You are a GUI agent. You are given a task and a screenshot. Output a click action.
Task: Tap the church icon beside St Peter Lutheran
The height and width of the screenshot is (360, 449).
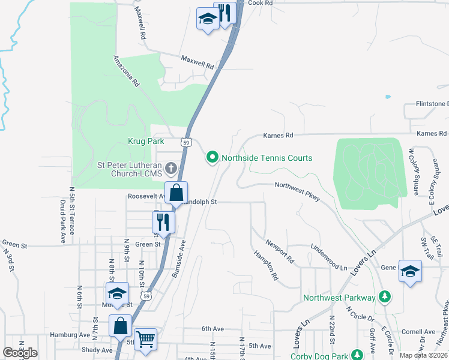point(171,167)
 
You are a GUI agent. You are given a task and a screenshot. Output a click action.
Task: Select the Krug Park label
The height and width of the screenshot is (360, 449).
point(146,141)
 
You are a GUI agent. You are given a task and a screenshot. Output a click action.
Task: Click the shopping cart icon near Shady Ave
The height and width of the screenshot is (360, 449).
point(145,340)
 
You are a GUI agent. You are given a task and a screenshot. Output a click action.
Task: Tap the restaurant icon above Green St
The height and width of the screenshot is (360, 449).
point(163,222)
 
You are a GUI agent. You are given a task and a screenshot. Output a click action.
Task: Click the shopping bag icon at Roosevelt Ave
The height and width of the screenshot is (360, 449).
point(176,193)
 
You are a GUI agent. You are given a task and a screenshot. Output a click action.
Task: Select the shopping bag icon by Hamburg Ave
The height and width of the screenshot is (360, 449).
point(121,326)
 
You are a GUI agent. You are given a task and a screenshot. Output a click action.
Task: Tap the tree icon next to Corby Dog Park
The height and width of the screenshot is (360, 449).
point(358,355)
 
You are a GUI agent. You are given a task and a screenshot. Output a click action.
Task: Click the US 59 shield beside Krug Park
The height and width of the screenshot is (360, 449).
point(187,142)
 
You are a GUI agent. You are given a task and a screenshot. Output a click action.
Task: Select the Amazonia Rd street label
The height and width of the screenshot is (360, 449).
point(126,71)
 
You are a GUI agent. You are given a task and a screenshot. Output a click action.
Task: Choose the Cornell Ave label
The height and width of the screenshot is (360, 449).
point(418,331)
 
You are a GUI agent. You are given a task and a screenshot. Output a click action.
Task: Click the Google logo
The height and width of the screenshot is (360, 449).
point(20,353)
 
